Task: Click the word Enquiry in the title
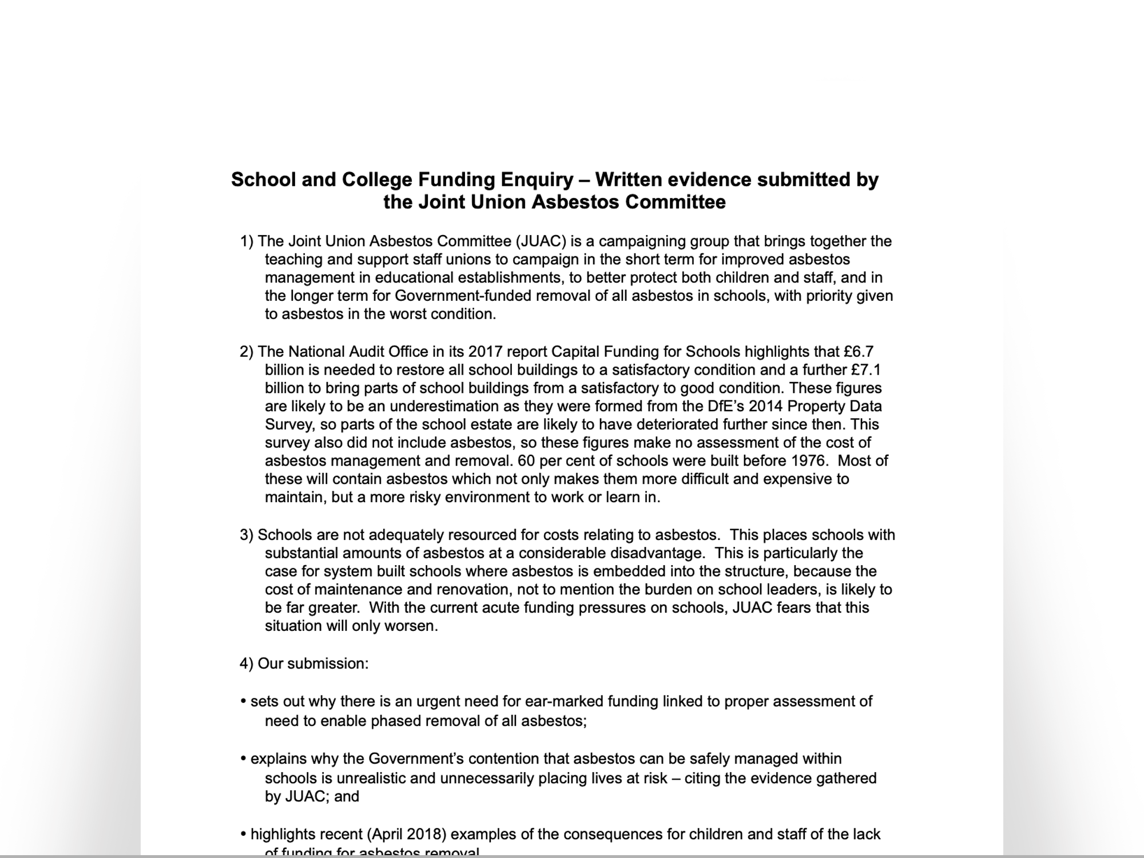[537, 180]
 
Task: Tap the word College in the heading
[377, 180]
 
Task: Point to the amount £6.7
[859, 352]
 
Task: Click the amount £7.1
[866, 370]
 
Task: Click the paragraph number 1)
[247, 241]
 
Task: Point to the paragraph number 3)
[247, 535]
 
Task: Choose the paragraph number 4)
[247, 664]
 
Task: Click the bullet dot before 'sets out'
[244, 702]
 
